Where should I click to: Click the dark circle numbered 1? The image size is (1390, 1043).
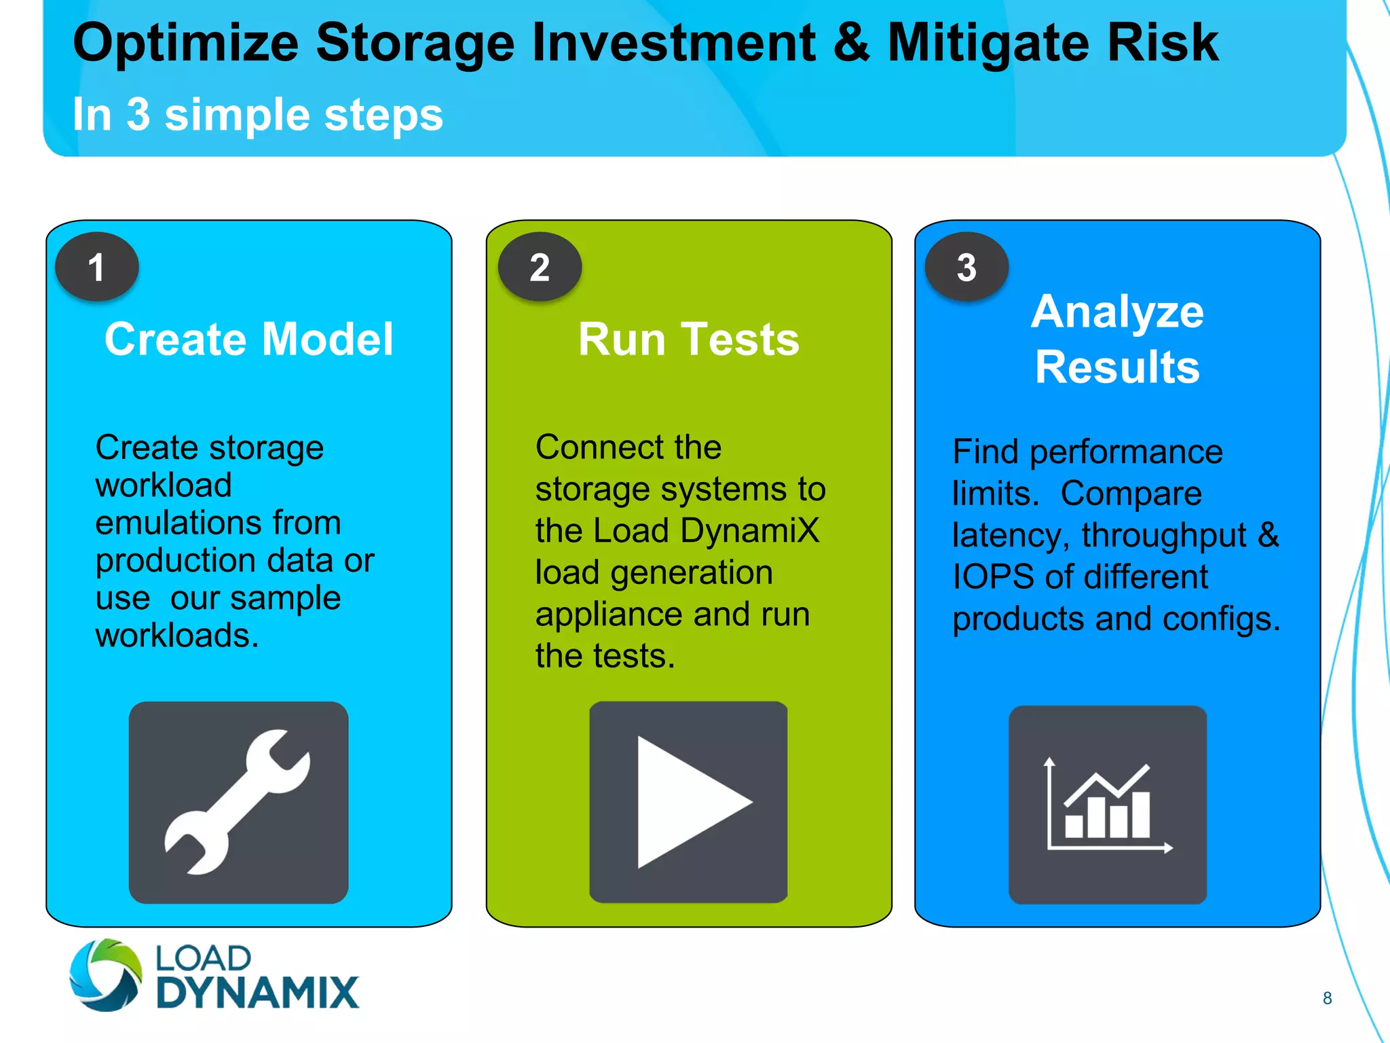pos(96,267)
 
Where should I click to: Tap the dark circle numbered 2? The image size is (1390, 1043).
pos(540,267)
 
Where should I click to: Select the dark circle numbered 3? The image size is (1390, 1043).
pos(966,267)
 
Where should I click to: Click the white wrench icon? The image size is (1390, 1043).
pos(237,802)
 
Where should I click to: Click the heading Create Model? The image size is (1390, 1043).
pos(249,339)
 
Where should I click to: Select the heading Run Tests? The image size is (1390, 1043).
pos(688,339)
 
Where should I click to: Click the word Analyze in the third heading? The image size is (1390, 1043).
pos(1117,312)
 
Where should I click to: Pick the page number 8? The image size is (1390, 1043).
pos(1327,998)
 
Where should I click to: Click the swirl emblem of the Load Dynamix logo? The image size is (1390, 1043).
pos(106,974)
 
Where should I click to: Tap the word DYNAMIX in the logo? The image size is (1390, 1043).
pos(257,993)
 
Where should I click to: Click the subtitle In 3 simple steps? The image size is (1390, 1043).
pos(258,114)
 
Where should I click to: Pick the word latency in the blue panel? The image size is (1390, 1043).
pos(1007,536)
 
